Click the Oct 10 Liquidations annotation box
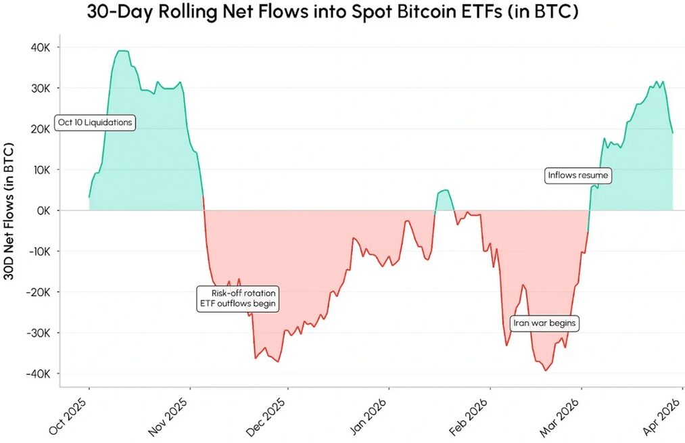94,123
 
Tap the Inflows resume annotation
578,176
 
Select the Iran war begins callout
544,323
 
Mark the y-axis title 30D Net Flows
9,210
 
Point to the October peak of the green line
122,51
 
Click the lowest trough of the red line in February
545,370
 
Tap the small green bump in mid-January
444,191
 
